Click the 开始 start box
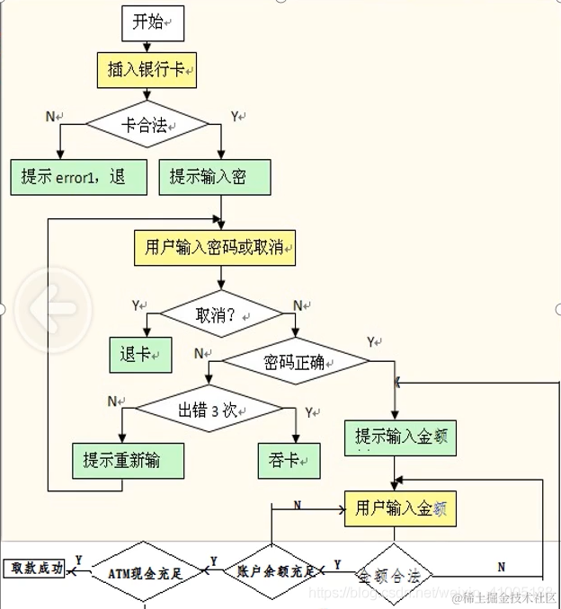point(152,23)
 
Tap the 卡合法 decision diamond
point(146,124)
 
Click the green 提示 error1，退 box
point(78,177)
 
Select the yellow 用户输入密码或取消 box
point(215,246)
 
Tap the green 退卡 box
point(139,354)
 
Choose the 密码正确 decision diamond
point(296,362)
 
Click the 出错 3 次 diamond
point(207,410)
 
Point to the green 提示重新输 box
point(128,460)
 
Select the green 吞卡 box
point(289,460)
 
